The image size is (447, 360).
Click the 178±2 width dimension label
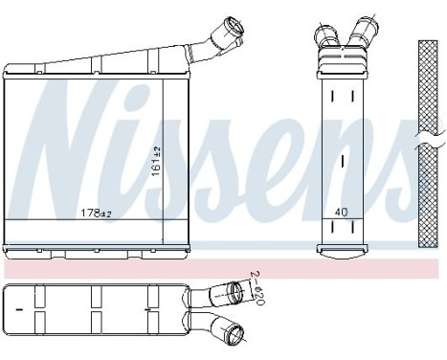[x=92, y=213]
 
